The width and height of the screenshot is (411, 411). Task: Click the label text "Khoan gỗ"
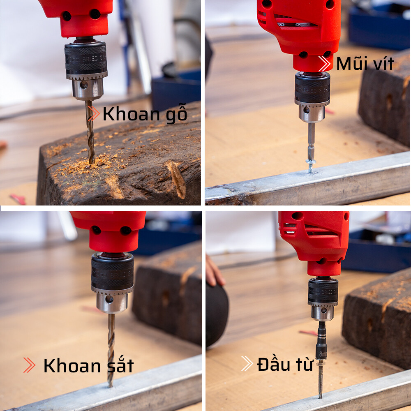(x=145, y=114)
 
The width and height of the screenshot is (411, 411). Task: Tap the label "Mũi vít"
(x=365, y=64)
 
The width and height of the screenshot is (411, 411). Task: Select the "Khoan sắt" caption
(x=88, y=365)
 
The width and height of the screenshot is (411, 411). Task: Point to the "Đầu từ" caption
(x=285, y=364)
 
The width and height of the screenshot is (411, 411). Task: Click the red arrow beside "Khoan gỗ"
(x=94, y=114)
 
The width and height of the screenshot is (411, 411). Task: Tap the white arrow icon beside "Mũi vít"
(x=324, y=64)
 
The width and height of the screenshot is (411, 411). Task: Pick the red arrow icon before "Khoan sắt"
(x=29, y=365)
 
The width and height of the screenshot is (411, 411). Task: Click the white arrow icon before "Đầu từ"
(x=247, y=363)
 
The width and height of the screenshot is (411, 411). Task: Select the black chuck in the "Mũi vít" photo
(x=312, y=88)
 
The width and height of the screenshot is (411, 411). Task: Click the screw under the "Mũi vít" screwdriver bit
(x=311, y=165)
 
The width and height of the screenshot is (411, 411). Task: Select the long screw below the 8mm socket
(x=321, y=380)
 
